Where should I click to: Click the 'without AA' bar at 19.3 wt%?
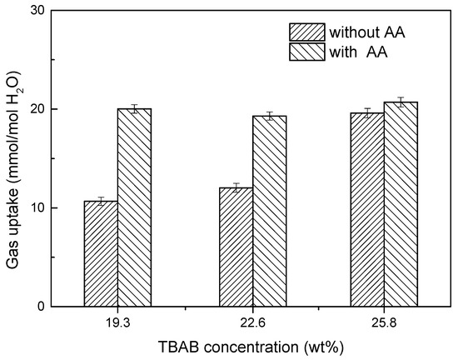coord(101,253)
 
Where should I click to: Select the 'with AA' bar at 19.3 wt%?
coord(134,207)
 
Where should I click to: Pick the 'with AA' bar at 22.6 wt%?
coord(268,211)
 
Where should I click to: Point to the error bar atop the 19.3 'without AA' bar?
coord(101,201)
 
